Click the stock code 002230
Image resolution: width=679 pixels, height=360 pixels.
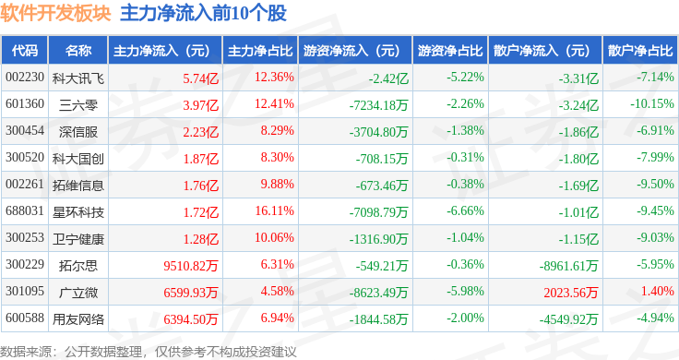pos(25,78)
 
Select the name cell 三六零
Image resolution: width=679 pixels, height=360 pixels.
pos(78,105)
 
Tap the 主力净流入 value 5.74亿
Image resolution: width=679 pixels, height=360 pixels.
pos(200,78)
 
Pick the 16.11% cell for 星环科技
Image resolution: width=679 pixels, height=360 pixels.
pos(275,211)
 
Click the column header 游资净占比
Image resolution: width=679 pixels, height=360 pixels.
pos(450,51)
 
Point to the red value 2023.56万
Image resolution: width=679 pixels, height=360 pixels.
pos(571,293)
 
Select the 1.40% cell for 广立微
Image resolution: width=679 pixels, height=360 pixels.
pos(658,291)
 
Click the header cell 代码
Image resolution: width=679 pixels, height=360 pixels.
pos(25,51)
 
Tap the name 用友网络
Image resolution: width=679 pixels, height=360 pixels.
pos(78,319)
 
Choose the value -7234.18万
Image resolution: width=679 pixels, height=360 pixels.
pos(378,105)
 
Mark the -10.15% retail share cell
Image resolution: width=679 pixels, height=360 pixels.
pos(651,104)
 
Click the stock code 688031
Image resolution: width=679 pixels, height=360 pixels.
pos(25,211)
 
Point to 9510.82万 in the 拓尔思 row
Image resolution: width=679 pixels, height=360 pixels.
pos(191,266)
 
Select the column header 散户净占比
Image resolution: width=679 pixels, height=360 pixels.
pos(640,51)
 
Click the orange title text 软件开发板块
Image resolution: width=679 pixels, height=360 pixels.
pos(55,14)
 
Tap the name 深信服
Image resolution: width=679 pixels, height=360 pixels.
pos(78,132)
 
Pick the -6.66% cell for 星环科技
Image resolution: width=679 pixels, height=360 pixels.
pos(465,211)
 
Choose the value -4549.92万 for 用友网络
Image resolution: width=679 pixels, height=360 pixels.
pos(568,319)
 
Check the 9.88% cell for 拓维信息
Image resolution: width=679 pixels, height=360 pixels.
pos(277,184)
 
